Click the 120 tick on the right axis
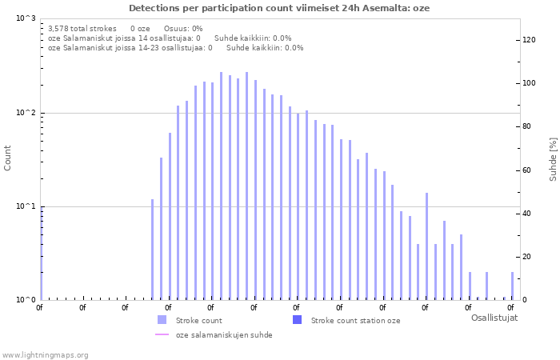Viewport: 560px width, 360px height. pos(529,40)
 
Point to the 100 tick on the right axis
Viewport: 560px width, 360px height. pos(529,83)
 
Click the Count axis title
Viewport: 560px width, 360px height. pos(8,158)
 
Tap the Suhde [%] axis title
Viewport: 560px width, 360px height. pos(553,158)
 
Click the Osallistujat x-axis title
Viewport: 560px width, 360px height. pos(494,318)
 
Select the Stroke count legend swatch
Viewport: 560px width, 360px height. pos(162,320)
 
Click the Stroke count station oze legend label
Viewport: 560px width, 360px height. pos(355,321)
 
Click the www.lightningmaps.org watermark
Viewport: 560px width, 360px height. pos(46,354)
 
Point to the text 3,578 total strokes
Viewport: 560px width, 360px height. pos(82,28)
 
